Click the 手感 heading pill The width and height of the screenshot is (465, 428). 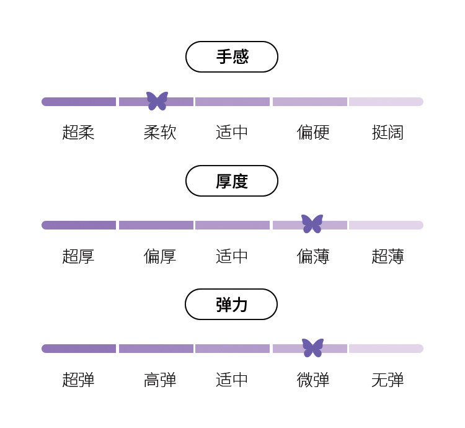click(232, 57)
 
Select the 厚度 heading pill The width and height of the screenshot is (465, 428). click(232, 181)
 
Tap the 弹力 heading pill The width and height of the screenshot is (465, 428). click(231, 305)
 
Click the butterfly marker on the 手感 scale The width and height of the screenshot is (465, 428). click(157, 100)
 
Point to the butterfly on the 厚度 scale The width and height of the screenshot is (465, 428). click(312, 223)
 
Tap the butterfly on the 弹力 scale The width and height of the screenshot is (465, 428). click(312, 347)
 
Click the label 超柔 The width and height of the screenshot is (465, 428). click(78, 132)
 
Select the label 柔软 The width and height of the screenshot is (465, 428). click(160, 132)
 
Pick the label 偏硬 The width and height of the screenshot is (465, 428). click(313, 132)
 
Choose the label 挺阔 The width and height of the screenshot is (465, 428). click(387, 132)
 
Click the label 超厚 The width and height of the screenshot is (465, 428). click(78, 256)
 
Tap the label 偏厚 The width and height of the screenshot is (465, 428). click(160, 256)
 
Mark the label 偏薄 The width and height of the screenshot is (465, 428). click(313, 256)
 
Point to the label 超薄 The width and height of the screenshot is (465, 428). click(387, 256)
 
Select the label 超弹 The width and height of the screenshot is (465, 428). click(78, 380)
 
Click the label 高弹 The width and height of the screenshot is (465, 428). click(160, 380)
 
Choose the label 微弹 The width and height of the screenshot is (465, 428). click(313, 380)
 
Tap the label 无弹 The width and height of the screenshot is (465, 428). click(387, 380)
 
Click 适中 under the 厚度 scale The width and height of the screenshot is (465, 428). click(232, 256)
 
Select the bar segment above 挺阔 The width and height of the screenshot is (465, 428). click(386, 102)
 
